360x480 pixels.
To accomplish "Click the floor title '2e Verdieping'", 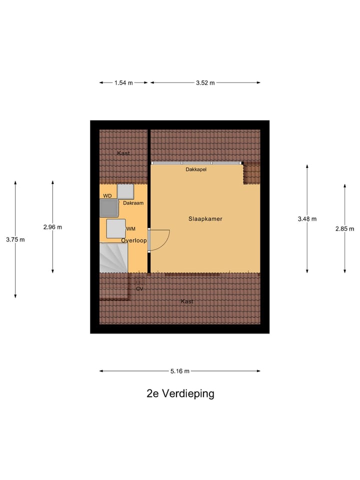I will tap(180, 393).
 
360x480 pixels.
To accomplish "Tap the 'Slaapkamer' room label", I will tap(205, 219).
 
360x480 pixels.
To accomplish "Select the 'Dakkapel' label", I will tap(196, 169).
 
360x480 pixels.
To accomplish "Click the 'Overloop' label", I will tap(134, 240).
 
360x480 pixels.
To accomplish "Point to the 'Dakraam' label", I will tap(133, 203).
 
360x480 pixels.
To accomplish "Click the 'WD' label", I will tap(107, 195).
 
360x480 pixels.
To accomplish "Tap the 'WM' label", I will tap(131, 229).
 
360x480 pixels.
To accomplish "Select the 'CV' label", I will tap(139, 288).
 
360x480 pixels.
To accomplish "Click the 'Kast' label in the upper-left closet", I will tap(123, 153).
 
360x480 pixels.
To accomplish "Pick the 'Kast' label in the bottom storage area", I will tap(187, 301).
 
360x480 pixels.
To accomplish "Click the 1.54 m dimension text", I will tap(123, 83).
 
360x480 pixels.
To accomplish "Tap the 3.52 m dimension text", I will tap(205, 83).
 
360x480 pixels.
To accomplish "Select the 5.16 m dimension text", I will tap(180, 371).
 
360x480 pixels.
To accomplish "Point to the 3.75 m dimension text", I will tap(15, 239).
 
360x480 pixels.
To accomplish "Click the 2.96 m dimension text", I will tap(52, 227).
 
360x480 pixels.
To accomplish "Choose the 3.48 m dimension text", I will tap(307, 218).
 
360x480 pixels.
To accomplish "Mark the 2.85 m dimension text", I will tap(344, 228).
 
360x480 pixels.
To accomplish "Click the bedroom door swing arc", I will tap(162, 240).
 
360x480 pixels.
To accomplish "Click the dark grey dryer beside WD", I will tap(108, 207).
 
